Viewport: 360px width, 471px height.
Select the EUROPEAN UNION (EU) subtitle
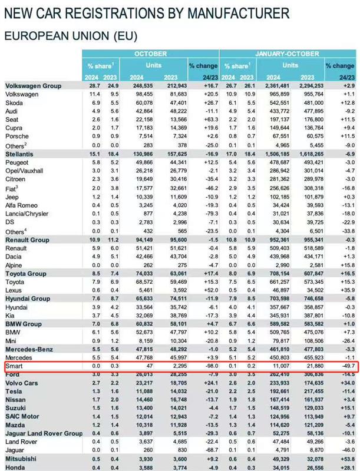coord(71,35)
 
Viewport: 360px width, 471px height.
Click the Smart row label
coord(14,366)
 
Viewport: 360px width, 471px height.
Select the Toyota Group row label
coord(26,273)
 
